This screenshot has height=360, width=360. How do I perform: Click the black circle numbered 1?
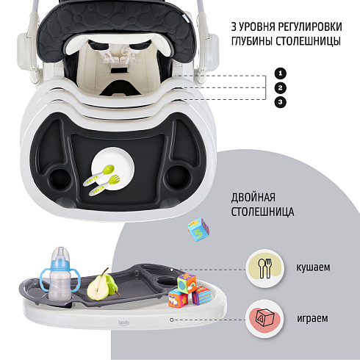[281, 73]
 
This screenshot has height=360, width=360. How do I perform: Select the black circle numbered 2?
[281, 87]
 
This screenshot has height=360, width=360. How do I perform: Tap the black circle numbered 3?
[281, 102]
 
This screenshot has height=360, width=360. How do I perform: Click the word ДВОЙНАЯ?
[253, 197]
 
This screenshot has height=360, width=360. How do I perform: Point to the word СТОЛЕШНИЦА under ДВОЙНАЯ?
[262, 212]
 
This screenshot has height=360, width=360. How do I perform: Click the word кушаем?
[313, 267]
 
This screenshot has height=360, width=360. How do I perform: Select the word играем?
[312, 318]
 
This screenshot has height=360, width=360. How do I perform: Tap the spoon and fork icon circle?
[265, 268]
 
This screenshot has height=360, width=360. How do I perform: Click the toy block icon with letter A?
[264, 319]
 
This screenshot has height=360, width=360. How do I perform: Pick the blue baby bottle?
[60, 274]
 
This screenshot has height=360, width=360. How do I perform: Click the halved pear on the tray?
[98, 287]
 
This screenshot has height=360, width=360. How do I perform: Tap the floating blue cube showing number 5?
[198, 229]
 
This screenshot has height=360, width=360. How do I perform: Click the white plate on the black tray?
[114, 168]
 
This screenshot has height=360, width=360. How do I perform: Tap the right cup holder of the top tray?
[178, 176]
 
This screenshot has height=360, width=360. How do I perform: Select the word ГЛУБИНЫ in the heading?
[252, 41]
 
